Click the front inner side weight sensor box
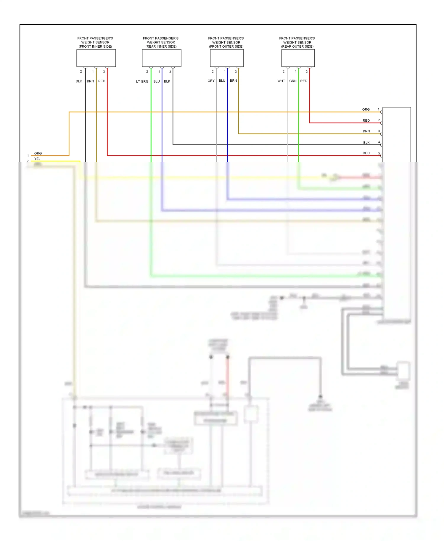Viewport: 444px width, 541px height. pos(96,58)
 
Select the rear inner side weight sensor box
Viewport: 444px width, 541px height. pos(162,58)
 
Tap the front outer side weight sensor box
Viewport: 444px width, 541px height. pos(227,58)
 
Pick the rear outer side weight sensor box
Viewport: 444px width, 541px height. pos(298,58)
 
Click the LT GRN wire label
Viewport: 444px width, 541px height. pos(142,81)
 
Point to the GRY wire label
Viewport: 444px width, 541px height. pos(211,81)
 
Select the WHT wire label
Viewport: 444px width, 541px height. pos(281,81)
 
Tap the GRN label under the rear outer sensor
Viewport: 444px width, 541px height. pos(293,81)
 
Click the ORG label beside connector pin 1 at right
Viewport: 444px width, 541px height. pos(366,110)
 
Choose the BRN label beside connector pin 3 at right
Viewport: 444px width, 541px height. pos(366,131)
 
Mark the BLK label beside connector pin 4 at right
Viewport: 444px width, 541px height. pos(366,142)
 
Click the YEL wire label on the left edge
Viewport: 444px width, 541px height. pos(37,159)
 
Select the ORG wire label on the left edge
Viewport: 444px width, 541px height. pos(38,153)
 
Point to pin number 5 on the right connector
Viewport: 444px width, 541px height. pos(379,153)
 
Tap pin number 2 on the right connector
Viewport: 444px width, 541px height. pos(379,120)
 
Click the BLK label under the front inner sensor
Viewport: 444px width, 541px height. pos(79,81)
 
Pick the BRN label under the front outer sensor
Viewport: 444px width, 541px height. pos(233,80)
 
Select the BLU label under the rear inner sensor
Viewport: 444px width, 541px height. pos(157,81)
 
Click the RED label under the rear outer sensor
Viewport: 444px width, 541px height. pos(304,81)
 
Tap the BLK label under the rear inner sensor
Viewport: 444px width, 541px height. pos(167,81)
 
